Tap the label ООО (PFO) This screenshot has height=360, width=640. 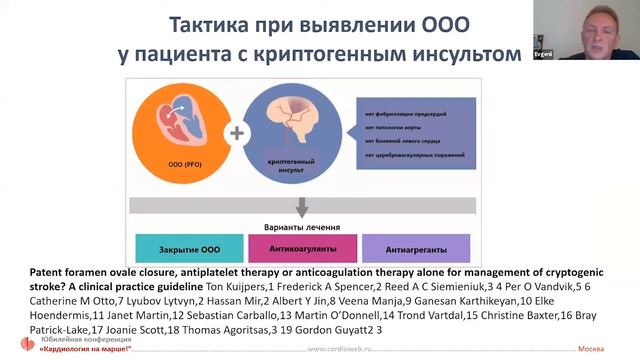[179, 161]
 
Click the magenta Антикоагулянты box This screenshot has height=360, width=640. [298, 246]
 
